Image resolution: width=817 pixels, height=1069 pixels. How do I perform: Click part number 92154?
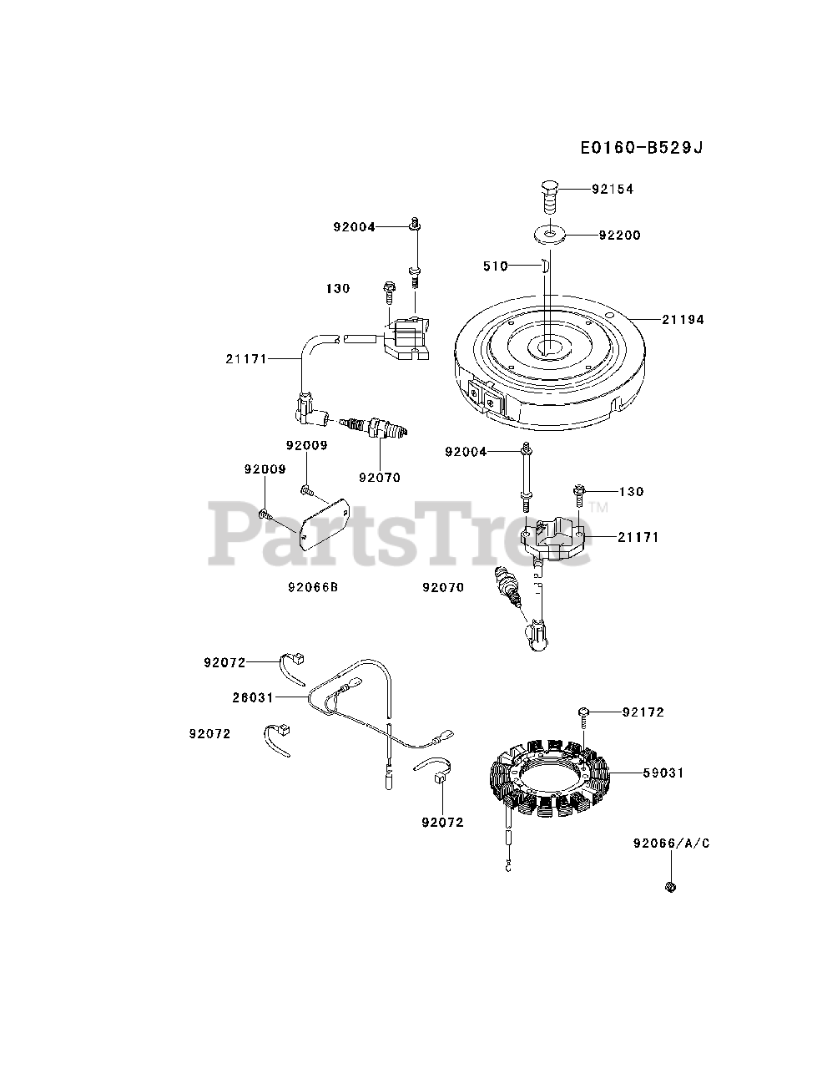[613, 190]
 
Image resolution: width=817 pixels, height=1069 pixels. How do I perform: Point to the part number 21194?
[683, 319]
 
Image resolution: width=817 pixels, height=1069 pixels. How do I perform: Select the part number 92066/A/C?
[671, 844]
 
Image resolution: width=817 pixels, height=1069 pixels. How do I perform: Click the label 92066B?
[311, 587]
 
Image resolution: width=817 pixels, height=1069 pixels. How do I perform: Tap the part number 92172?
[643, 712]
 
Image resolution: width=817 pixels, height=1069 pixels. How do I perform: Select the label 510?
[496, 266]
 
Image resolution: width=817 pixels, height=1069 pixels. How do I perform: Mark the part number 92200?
[619, 236]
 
